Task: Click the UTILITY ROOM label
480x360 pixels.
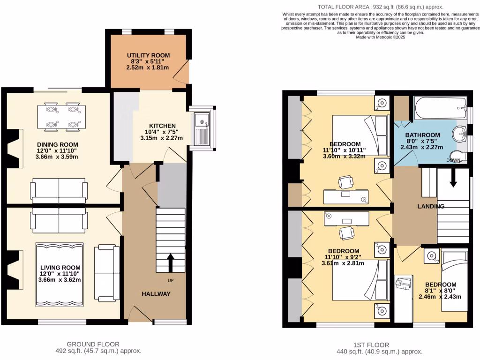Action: pyautogui.click(x=148, y=55)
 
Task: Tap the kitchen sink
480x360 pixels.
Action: pyautogui.click(x=203, y=129)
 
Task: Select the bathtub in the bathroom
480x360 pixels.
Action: pyautogui.click(x=441, y=108)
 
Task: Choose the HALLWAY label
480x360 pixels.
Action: pyautogui.click(x=156, y=294)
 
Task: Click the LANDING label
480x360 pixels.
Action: pyautogui.click(x=431, y=206)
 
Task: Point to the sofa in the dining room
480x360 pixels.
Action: pyautogui.click(x=59, y=190)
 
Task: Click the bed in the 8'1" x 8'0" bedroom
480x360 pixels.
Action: pyautogui.click(x=454, y=281)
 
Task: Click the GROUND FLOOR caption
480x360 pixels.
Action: pyautogui.click(x=93, y=344)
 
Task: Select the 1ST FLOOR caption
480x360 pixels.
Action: pyautogui.click(x=379, y=345)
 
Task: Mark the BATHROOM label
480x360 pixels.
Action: pyautogui.click(x=423, y=135)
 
